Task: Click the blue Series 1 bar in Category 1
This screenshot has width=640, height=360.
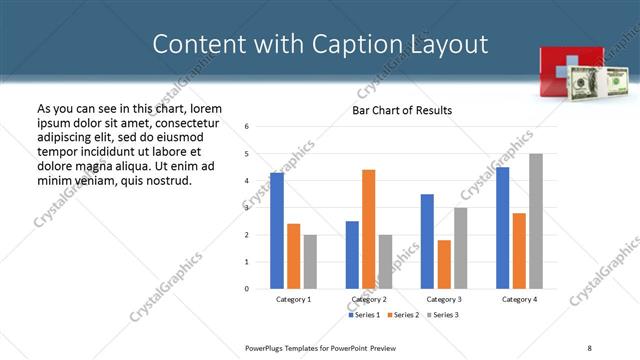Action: (277, 230)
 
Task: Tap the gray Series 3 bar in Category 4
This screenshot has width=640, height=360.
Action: (536, 221)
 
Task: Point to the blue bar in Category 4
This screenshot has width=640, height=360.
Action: (502, 228)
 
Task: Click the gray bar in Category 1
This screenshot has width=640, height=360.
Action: (310, 262)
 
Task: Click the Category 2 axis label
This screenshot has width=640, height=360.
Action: (369, 299)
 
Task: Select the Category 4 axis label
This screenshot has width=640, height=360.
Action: (519, 299)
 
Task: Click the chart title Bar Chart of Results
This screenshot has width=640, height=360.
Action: (402, 110)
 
